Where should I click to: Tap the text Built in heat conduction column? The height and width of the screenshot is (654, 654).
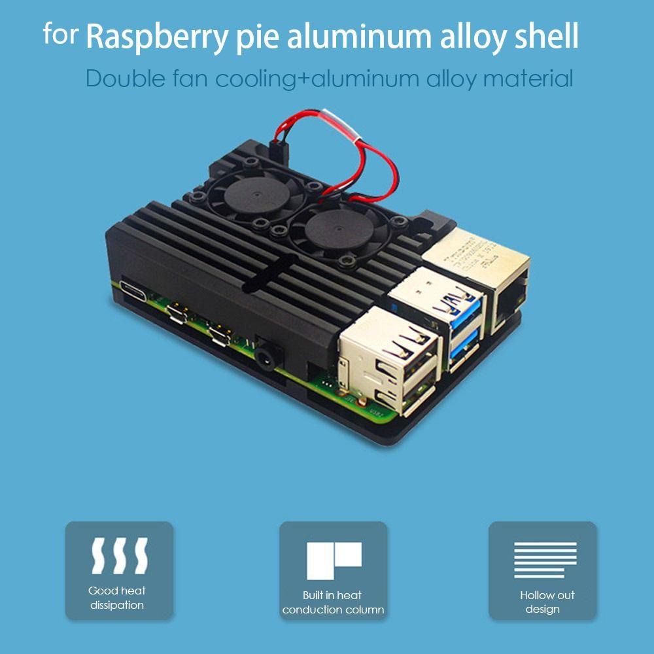pos(333,602)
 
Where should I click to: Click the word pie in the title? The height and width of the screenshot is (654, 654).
pos(257,37)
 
